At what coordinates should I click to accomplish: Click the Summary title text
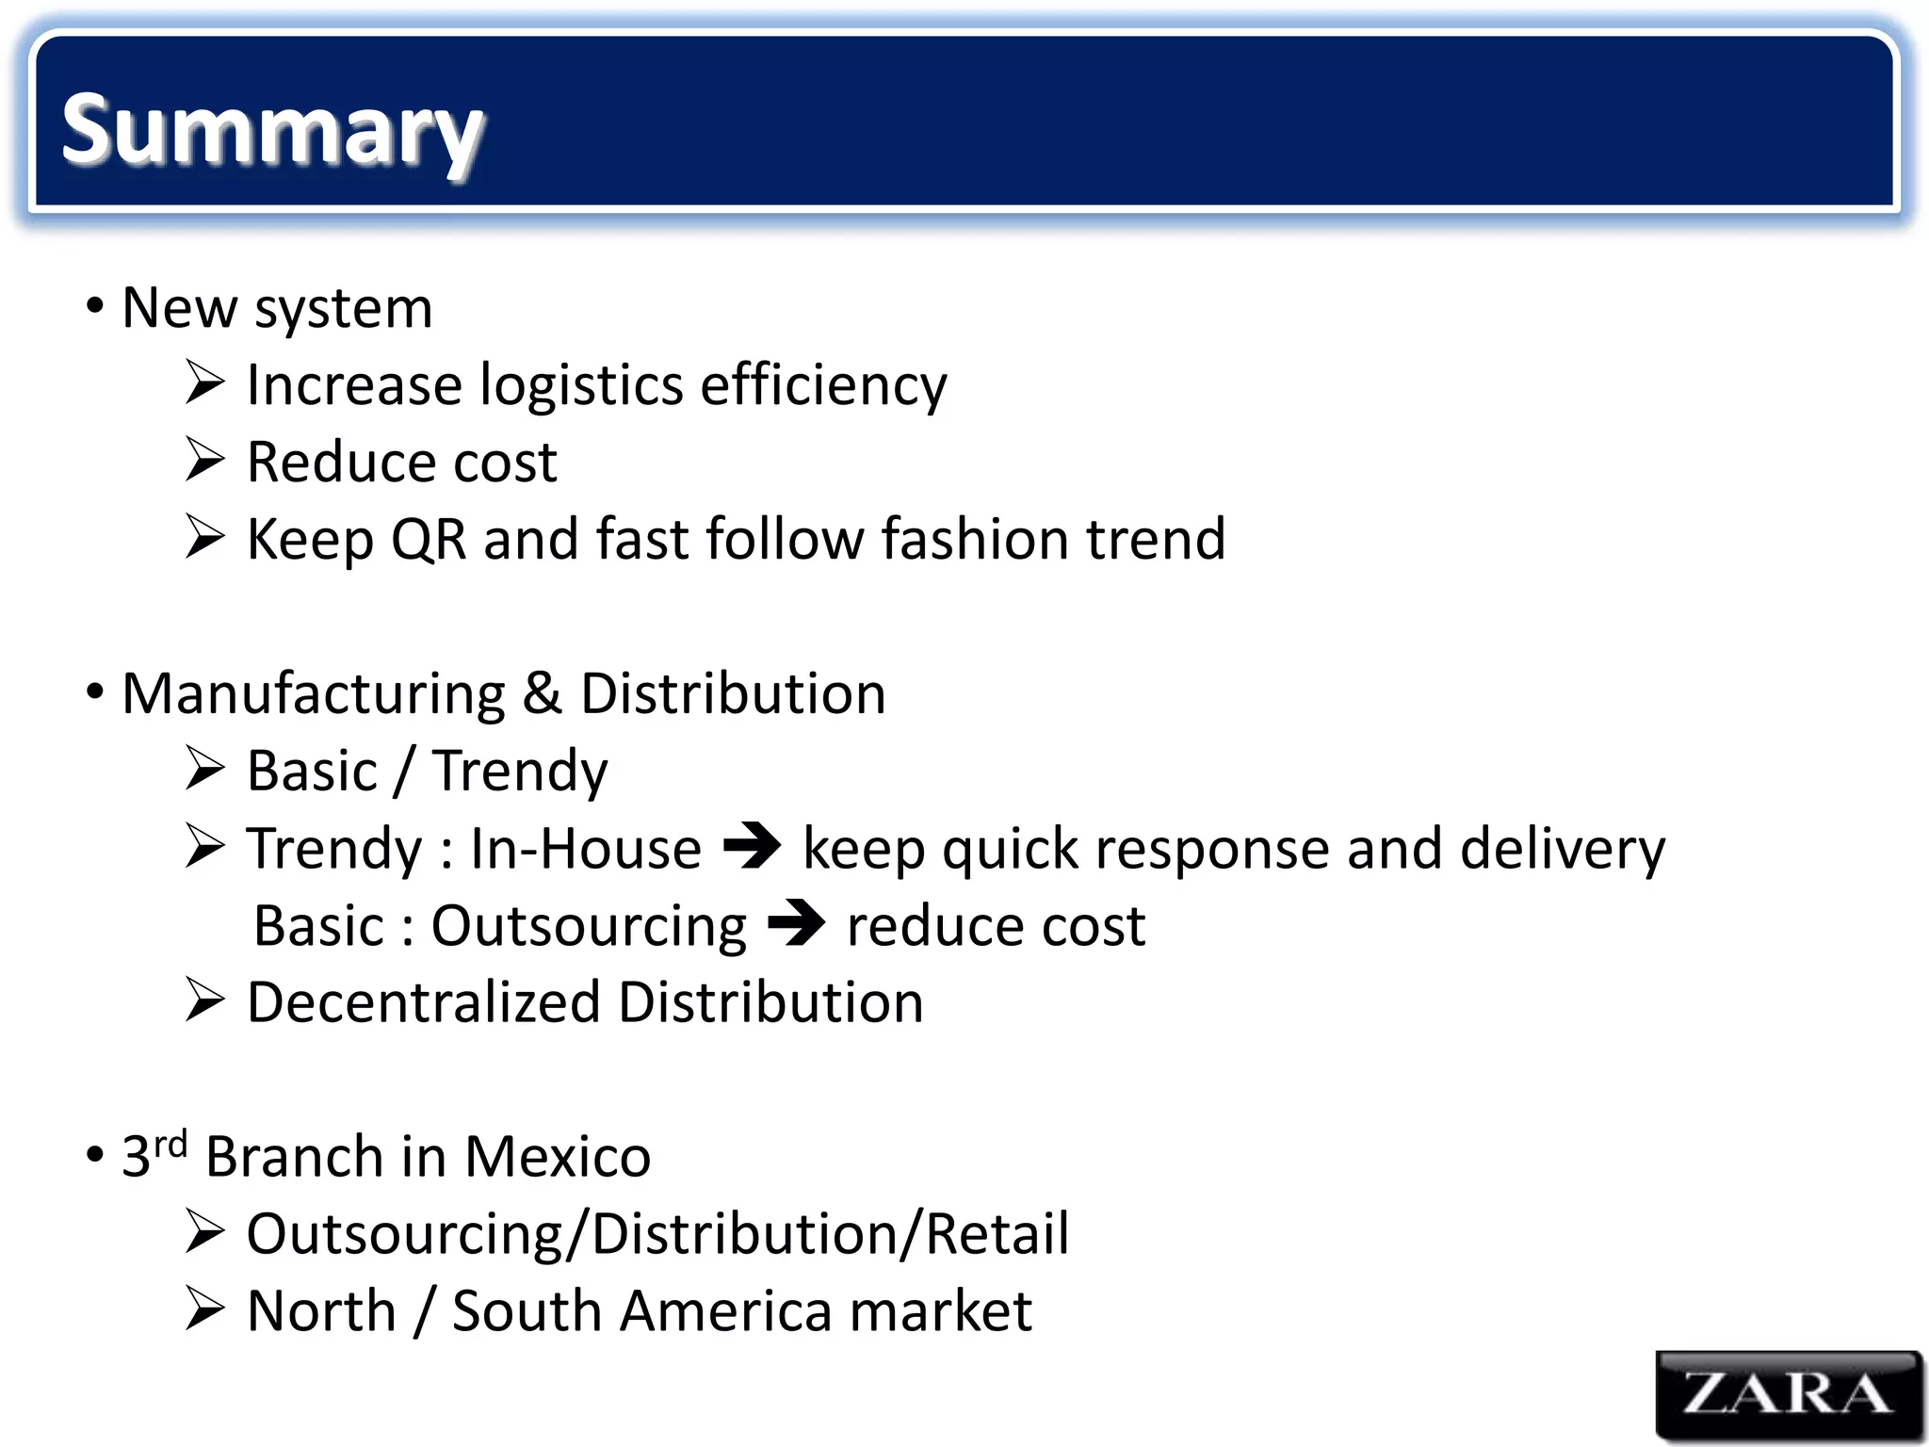click(x=272, y=132)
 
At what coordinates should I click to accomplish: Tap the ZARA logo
click(x=1788, y=1394)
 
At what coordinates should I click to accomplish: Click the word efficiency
click(x=823, y=386)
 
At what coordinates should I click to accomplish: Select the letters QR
click(x=429, y=540)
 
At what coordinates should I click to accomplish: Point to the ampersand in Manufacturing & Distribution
click(x=542, y=694)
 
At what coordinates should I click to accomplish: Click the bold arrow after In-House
click(x=752, y=845)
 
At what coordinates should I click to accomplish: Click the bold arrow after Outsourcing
click(x=796, y=923)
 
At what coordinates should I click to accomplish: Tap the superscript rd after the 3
click(x=170, y=1144)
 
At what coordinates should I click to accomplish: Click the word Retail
click(x=997, y=1234)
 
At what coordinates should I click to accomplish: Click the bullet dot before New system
click(x=94, y=305)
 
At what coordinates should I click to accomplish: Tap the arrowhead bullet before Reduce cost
click(x=204, y=460)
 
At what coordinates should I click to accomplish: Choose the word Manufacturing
click(x=314, y=694)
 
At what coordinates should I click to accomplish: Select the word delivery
click(x=1563, y=849)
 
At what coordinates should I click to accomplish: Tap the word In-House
click(x=586, y=849)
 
